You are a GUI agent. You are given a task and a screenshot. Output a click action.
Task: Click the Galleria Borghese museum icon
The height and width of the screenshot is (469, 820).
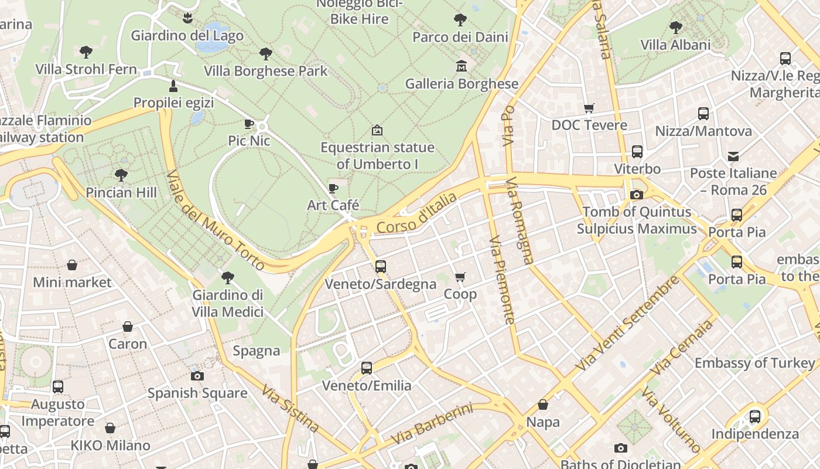pos(461,66)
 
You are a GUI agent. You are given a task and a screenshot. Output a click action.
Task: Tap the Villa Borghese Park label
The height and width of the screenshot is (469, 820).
pos(265,71)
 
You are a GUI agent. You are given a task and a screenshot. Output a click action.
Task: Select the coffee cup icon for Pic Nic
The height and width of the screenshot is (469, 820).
pos(249,124)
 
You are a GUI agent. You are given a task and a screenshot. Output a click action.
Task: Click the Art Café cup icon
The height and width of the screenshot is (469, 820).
pos(333,188)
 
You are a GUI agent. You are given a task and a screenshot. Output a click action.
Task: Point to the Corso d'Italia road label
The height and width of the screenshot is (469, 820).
pos(416,213)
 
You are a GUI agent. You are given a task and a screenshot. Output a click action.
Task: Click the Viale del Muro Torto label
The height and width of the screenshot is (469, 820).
pos(216,221)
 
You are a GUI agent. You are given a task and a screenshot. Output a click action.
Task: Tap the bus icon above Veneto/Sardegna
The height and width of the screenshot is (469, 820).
pos(381,267)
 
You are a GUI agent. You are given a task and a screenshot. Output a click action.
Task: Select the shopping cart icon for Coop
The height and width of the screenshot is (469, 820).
pos(460,277)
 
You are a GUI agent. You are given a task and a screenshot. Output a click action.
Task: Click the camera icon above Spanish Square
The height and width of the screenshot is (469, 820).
pos(197,376)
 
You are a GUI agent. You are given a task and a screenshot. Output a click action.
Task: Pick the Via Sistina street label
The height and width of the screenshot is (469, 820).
pos(290,408)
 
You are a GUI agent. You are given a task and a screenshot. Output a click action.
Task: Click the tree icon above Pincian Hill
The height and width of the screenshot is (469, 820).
pos(121,175)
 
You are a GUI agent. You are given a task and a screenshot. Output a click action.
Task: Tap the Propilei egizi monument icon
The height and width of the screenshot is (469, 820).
pos(173,86)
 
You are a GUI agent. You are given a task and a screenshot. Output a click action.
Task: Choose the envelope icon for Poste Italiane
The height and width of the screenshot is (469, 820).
pos(733,156)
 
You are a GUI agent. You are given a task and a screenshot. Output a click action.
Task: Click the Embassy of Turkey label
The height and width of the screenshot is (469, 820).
pos(754,363)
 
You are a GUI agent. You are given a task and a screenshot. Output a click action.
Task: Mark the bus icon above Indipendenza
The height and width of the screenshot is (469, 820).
pos(755,417)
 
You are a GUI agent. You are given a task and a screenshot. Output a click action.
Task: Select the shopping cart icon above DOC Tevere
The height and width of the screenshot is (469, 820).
pos(589,108)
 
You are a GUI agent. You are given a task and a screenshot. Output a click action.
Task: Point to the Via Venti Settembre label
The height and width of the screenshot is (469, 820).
pos(627,322)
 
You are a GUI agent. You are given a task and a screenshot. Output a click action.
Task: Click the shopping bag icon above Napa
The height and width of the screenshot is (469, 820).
pos(543,405)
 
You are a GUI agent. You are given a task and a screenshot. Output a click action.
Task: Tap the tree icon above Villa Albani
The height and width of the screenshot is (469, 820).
pos(676,27)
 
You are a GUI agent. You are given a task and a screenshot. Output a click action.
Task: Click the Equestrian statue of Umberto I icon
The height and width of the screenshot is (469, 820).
pos(377,130)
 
